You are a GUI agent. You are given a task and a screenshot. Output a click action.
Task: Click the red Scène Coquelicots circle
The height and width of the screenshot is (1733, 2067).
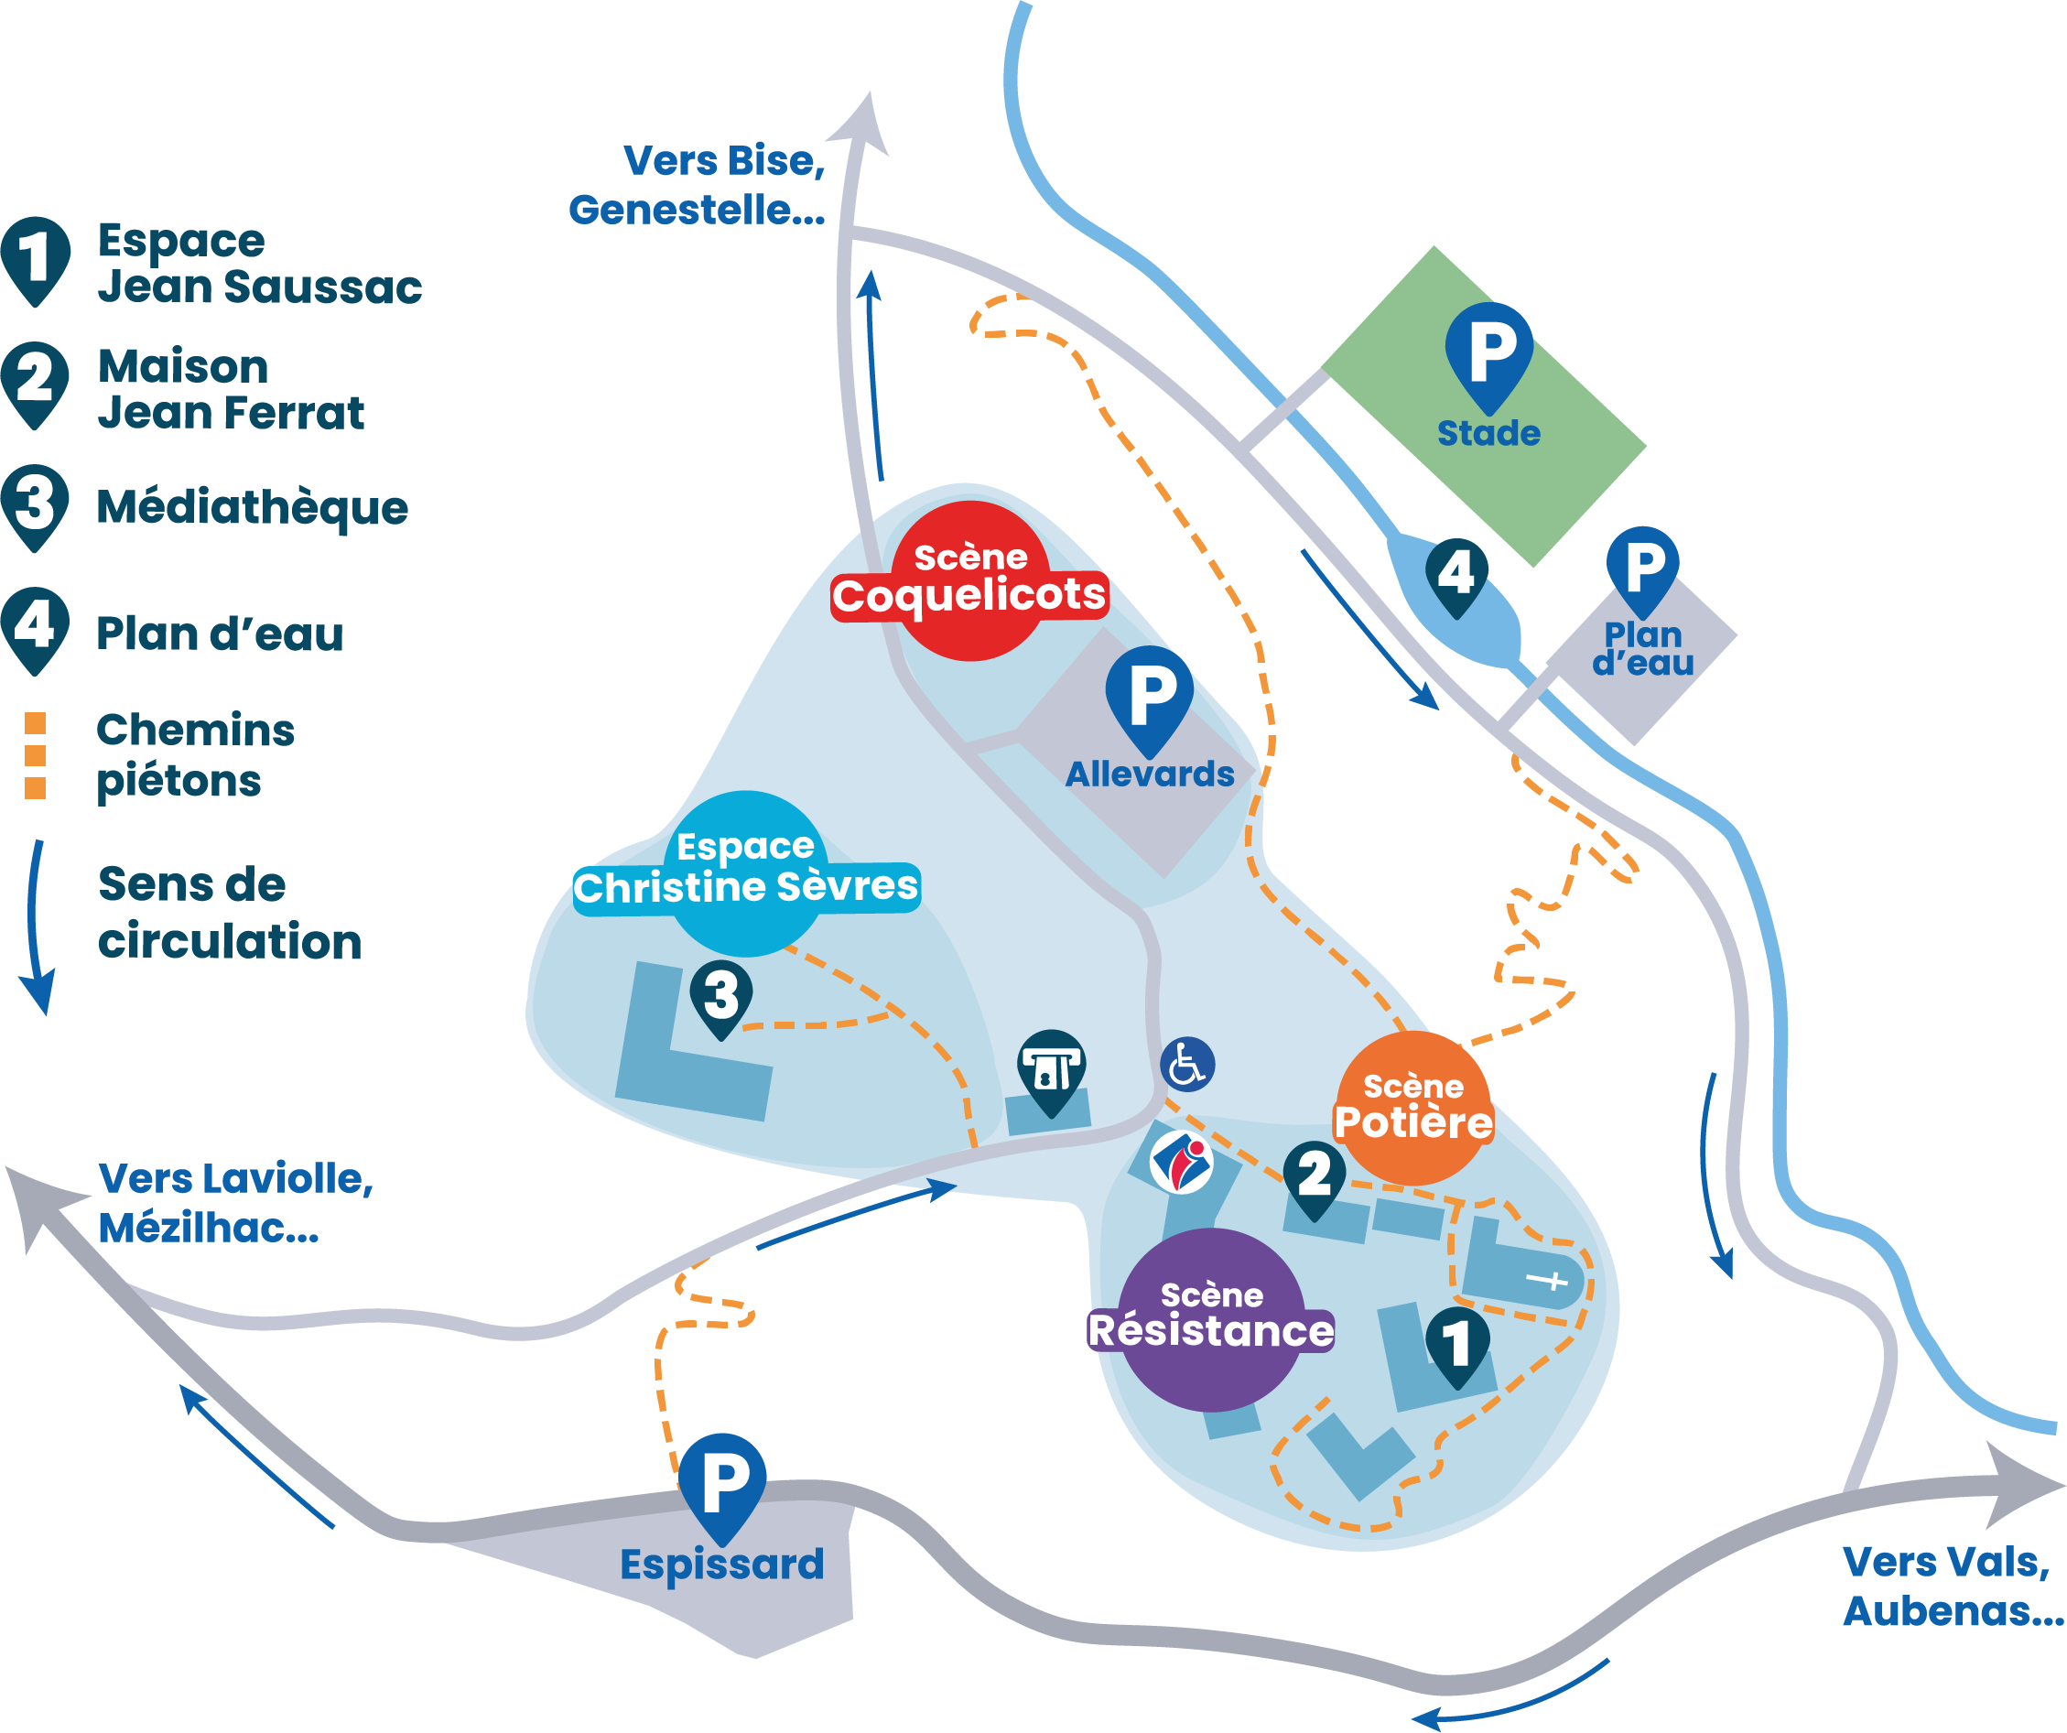970,580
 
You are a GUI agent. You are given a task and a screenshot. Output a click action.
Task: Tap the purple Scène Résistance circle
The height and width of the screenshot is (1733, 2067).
1211,1318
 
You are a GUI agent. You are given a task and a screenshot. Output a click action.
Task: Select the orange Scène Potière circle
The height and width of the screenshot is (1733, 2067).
1412,1107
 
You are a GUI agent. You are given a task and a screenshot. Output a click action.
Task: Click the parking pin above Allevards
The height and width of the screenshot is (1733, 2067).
1149,695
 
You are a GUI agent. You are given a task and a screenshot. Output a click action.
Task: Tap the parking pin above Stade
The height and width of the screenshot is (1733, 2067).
1488,352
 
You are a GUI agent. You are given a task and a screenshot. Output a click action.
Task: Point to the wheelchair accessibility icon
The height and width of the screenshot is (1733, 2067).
1187,1065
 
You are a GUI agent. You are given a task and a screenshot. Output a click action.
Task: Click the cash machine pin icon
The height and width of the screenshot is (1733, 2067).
1050,1068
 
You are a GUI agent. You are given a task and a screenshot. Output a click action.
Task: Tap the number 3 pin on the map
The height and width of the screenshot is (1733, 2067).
721,996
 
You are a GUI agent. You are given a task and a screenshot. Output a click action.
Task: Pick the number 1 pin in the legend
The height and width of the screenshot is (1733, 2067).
36,258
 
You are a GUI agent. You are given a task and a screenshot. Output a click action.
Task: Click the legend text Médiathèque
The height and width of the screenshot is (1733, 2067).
252,508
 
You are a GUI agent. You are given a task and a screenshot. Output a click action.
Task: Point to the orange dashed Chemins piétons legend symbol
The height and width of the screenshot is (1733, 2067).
36,756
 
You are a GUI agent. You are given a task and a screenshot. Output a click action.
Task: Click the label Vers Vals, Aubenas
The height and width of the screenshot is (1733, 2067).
1952,1587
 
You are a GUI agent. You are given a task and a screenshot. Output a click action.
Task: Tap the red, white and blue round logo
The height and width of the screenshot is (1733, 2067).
1181,1163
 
